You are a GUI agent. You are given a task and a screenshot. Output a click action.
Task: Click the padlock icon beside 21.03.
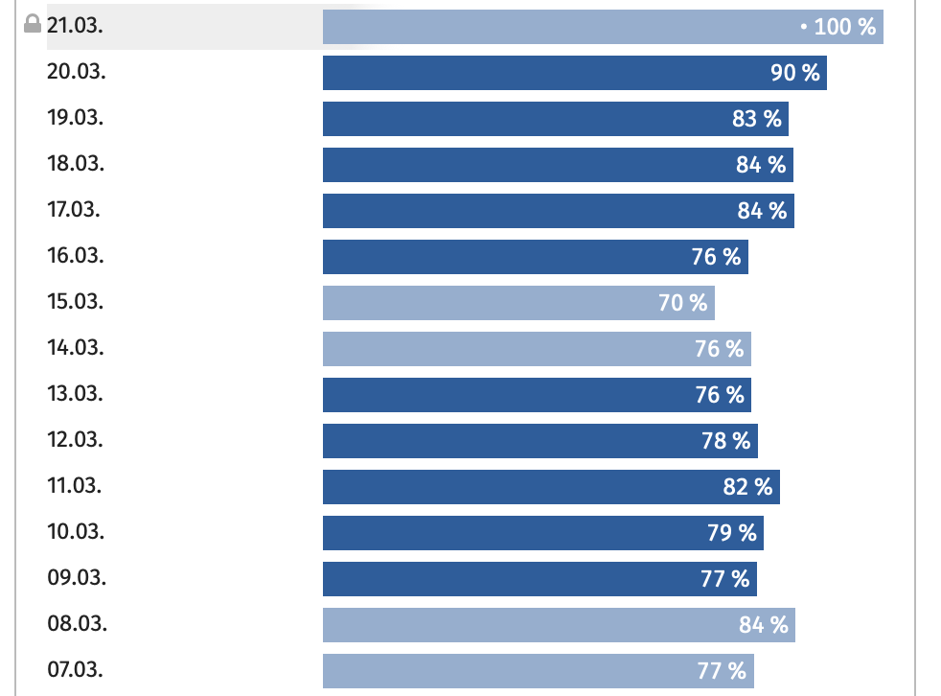click(x=34, y=25)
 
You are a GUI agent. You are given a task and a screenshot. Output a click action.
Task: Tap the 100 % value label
click(x=844, y=27)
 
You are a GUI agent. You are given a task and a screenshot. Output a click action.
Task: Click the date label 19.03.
click(x=76, y=118)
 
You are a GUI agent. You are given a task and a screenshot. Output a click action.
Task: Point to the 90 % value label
click(x=795, y=73)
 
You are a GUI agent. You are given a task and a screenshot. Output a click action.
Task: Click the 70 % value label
click(x=683, y=303)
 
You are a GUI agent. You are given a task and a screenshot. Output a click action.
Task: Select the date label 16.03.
click(x=76, y=256)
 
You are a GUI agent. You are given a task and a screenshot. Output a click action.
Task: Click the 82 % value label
click(x=747, y=487)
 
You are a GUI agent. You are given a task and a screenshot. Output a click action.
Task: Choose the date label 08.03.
click(x=77, y=624)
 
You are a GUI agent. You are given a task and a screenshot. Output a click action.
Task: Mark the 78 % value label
click(x=726, y=441)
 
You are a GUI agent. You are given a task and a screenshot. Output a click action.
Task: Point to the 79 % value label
click(x=732, y=533)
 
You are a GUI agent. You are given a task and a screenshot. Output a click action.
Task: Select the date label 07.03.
click(x=76, y=670)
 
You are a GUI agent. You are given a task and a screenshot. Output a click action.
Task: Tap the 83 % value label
click(x=757, y=119)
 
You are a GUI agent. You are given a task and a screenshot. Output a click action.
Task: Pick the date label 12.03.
click(x=76, y=440)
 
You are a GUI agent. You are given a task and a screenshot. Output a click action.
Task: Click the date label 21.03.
click(x=75, y=26)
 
